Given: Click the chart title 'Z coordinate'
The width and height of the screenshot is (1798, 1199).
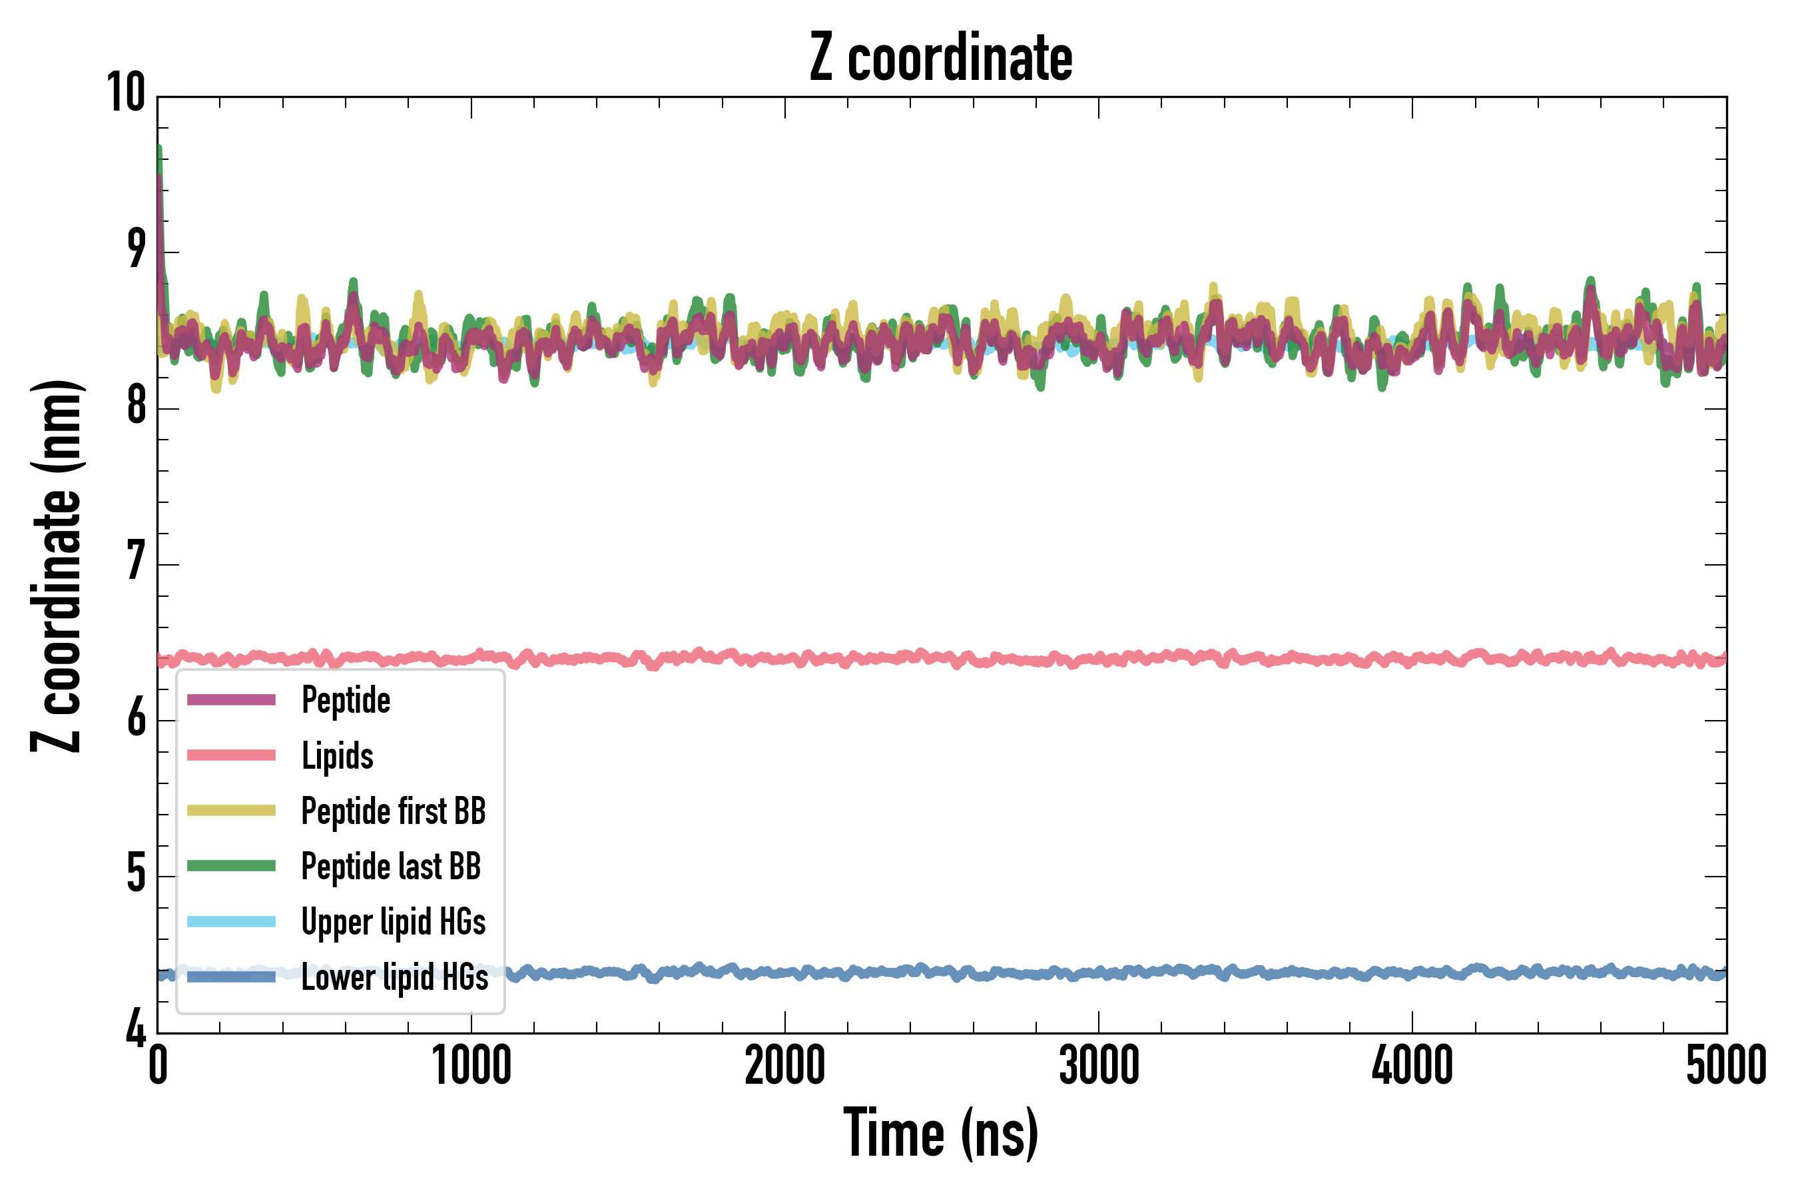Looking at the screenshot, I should [941, 58].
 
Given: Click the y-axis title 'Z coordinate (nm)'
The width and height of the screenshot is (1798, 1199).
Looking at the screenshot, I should [57, 566].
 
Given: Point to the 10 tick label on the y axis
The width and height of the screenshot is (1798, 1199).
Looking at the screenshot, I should [125, 93].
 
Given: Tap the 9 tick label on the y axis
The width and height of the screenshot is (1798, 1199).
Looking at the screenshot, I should [136, 249].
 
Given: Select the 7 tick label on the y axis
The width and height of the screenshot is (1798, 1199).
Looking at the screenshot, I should [136, 562].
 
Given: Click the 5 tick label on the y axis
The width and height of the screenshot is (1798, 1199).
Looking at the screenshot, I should [136, 874].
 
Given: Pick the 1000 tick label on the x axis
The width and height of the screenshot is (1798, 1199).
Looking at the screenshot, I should [471, 1066].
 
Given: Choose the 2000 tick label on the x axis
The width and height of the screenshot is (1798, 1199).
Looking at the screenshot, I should [784, 1066].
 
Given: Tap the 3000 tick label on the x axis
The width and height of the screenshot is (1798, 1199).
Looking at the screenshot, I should [1099, 1066].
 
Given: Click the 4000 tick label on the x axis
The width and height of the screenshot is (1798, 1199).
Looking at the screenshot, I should [1412, 1066].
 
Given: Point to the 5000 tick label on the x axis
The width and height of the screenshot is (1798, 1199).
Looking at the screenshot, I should [1726, 1066].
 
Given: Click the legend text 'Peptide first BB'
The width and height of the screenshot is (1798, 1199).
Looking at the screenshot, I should [393, 811].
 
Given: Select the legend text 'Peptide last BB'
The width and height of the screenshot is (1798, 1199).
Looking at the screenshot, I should [391, 867].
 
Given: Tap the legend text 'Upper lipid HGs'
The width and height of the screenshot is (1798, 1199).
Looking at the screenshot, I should [393, 921].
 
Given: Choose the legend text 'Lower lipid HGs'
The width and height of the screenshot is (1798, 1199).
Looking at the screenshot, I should [394, 977].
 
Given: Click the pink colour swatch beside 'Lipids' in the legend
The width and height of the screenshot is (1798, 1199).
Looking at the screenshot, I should [231, 755].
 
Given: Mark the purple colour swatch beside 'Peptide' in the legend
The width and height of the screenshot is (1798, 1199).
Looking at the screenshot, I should [231, 699].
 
